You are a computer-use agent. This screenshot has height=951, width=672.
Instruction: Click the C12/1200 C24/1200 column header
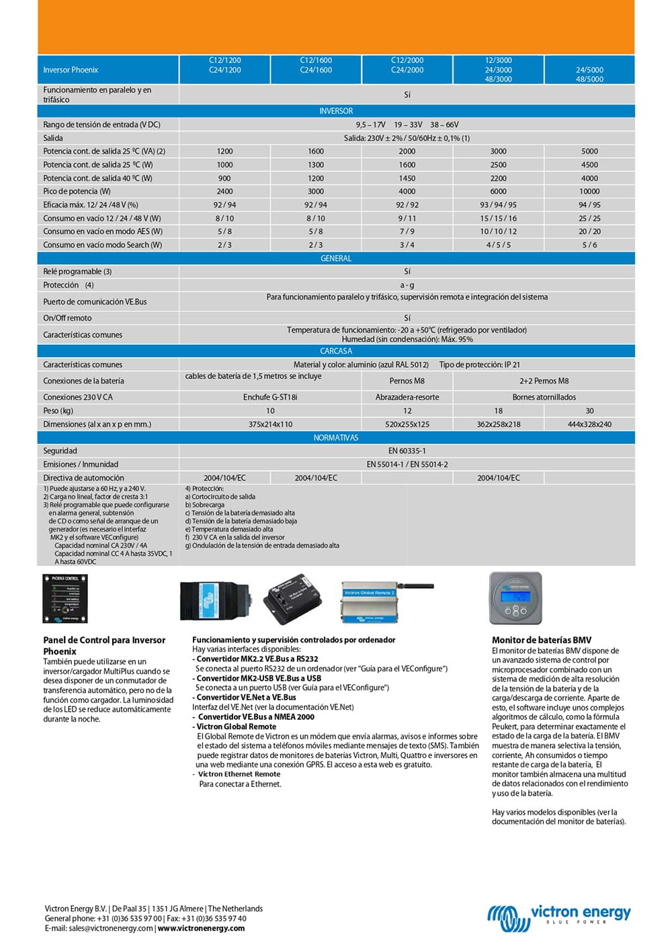(224, 65)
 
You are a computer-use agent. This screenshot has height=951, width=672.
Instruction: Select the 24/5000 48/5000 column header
(589, 74)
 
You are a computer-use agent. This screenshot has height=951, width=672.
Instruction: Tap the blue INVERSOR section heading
(336, 111)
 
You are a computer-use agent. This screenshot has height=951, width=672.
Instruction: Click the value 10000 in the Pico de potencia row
(589, 192)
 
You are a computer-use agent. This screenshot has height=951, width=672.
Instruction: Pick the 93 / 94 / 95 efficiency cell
(498, 205)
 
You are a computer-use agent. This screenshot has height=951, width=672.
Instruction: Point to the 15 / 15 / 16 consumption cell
(498, 218)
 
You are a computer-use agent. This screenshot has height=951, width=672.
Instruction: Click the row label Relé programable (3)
(77, 272)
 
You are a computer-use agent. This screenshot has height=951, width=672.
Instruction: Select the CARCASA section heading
(336, 351)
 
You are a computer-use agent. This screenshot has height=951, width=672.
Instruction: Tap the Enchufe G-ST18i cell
(270, 397)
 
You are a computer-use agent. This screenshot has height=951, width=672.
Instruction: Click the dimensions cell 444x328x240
(589, 424)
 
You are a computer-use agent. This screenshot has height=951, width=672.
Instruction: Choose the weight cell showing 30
(589, 411)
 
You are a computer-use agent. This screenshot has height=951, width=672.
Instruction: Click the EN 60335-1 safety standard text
(407, 451)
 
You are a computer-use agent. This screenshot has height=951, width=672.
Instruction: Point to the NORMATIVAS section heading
(336, 438)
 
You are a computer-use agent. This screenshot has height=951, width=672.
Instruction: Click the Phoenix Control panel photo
(65, 598)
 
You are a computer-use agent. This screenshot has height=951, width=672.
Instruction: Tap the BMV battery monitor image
(515, 598)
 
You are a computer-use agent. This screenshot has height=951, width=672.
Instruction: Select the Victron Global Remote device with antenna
(386, 601)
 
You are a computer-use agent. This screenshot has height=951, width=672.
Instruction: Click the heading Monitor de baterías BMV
(541, 640)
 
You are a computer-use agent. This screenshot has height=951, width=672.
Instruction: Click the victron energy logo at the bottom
(559, 917)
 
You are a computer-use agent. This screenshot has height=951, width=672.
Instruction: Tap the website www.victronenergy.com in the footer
(201, 928)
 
